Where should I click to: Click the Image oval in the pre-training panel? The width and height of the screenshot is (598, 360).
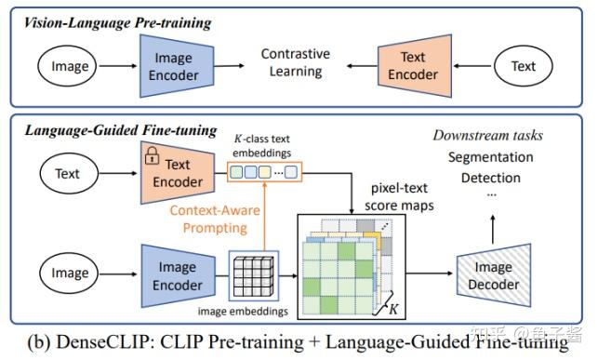[70, 66]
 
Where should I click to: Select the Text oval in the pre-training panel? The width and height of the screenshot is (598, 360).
[524, 66]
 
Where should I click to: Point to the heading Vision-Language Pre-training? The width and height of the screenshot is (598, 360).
[117, 22]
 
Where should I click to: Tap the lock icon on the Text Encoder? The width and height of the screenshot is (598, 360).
[151, 158]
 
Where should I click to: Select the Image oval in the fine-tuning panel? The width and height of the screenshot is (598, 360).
[70, 274]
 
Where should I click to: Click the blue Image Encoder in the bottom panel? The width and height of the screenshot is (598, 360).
[178, 274]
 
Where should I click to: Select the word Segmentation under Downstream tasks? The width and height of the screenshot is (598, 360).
[490, 157]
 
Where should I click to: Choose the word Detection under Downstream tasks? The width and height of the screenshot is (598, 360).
[490, 178]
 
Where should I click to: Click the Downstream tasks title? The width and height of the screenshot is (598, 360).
[487, 136]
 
